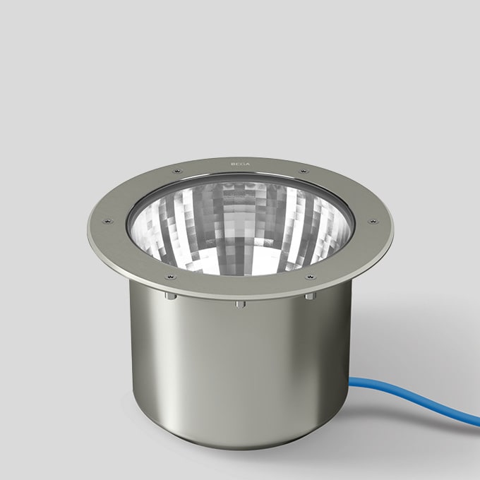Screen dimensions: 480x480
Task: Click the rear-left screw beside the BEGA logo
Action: coord(177,171)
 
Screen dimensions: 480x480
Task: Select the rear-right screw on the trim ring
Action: coord(303,172)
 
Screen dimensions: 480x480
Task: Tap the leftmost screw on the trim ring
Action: coord(107,221)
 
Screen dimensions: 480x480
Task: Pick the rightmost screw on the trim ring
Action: coord(373,222)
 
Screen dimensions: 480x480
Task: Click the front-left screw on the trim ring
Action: coord(170,277)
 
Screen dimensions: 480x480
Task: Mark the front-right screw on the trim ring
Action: coord(309,277)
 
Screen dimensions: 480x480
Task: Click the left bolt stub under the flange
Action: coord(171,296)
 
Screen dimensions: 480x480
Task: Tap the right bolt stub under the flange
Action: coord(309,296)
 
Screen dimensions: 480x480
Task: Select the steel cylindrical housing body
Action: coord(240,367)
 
